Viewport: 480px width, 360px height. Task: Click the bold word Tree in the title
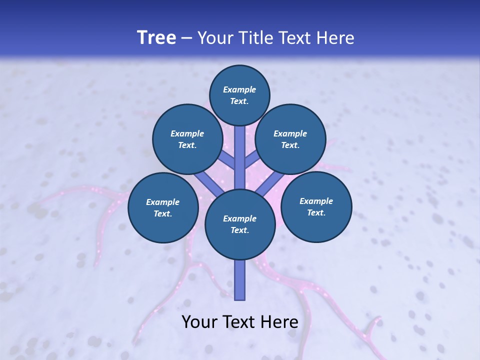tap(156, 38)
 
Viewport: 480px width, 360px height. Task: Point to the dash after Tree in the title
tap(186, 38)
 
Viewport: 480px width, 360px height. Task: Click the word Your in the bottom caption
tap(199, 322)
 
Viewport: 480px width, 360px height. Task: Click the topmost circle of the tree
tap(239, 95)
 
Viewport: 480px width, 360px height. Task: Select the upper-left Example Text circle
tap(187, 139)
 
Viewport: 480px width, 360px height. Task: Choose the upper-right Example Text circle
tap(290, 139)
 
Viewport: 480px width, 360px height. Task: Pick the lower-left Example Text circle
tap(162, 207)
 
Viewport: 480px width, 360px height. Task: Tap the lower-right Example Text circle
tap(316, 206)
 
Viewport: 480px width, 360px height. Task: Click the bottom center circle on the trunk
tap(240, 224)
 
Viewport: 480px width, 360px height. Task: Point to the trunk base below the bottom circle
tap(240, 280)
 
